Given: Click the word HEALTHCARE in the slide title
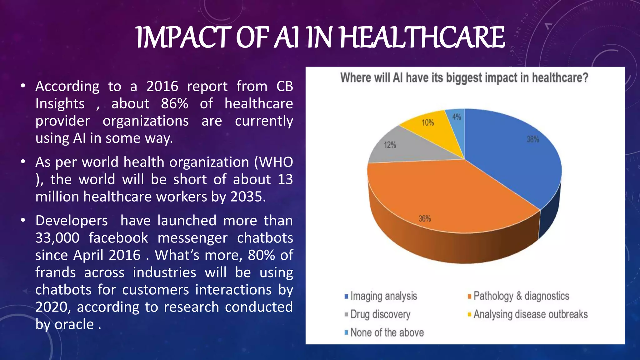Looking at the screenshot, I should click(422, 37).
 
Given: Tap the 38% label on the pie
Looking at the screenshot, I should click(533, 139).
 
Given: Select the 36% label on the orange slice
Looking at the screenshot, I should click(425, 219).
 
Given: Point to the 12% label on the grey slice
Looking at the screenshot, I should click(390, 145).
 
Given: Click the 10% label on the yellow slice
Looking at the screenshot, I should click(428, 123).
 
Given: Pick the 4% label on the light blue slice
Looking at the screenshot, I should click(457, 117).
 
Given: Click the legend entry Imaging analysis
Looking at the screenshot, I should click(383, 296).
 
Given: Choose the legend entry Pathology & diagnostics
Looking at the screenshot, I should click(521, 296).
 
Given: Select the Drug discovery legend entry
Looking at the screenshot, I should click(380, 314).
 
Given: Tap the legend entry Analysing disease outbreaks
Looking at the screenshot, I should click(530, 314).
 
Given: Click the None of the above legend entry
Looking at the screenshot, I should click(387, 332).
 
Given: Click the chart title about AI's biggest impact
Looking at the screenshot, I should click(464, 78).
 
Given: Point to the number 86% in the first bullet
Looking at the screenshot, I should click(174, 103).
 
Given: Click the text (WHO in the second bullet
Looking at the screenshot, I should click(273, 162).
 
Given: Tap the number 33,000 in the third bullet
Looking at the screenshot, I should click(57, 238).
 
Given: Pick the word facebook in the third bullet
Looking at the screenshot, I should click(118, 238).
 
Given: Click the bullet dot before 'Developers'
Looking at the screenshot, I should click(23, 221).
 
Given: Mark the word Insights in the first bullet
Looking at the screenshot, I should click(60, 103).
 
